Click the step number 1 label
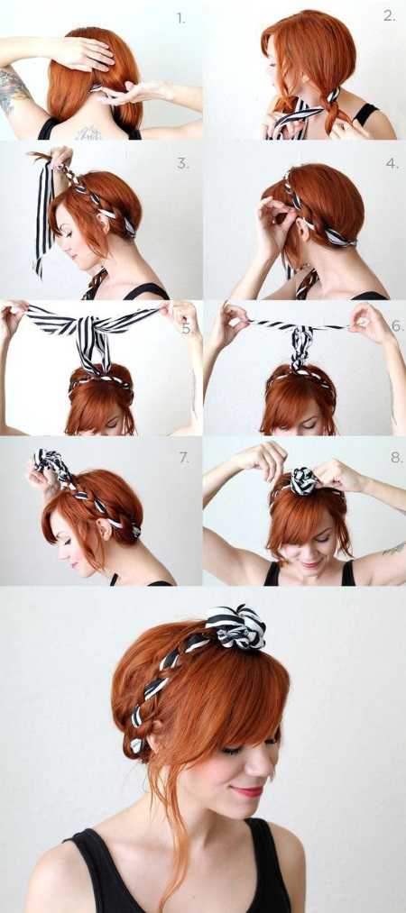point(181,19)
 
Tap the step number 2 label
point(389,16)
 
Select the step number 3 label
point(183,164)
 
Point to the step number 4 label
point(392,164)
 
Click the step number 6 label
point(396,325)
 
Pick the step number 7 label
point(184,458)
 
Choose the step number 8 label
point(397,458)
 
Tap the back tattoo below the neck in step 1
point(88,133)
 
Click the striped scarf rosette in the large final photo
point(235,626)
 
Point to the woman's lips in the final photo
point(248,791)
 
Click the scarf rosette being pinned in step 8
point(304,481)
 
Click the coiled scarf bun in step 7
point(49,462)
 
